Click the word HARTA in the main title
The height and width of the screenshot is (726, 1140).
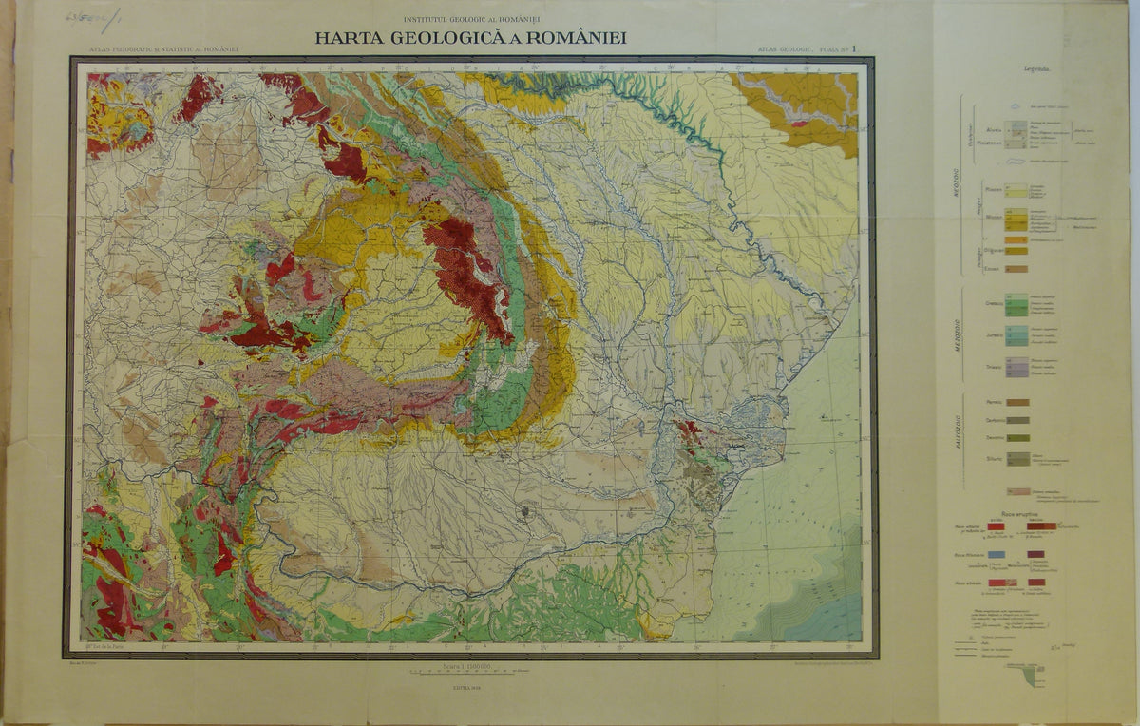[x=351, y=39]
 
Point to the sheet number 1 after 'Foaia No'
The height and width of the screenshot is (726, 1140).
[x=853, y=48]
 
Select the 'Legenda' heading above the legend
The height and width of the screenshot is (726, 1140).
[x=1036, y=69]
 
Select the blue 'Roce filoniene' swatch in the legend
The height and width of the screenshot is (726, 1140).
[x=996, y=554]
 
